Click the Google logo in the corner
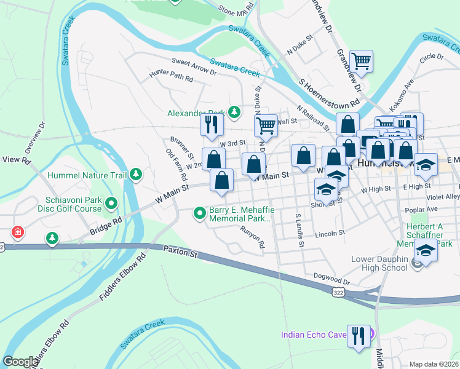[x=20, y=362]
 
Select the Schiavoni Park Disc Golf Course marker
[x=111, y=202]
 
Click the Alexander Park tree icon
[x=234, y=112]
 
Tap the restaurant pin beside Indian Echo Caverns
[x=359, y=335]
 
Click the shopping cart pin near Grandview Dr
[x=361, y=61]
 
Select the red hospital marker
[x=18, y=233]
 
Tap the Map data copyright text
[x=434, y=364]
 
